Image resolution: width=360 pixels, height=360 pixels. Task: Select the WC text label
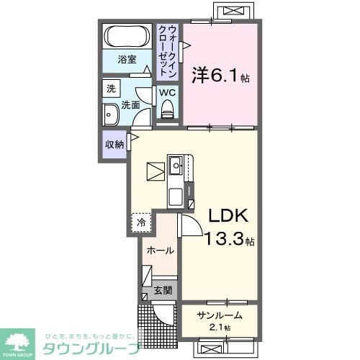pos(167,92)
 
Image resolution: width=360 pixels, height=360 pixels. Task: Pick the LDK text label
pos(230,215)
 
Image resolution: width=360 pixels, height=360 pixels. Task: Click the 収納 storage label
pos(114,144)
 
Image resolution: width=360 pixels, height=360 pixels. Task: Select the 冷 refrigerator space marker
pos(142,222)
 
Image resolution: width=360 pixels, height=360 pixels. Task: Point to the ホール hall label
pos(159,251)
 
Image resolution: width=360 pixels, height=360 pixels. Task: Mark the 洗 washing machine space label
pos(111,89)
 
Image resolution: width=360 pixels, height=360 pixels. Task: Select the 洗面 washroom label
pos(130,105)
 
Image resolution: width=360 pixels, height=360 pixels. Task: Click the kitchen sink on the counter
pos(177,165)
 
